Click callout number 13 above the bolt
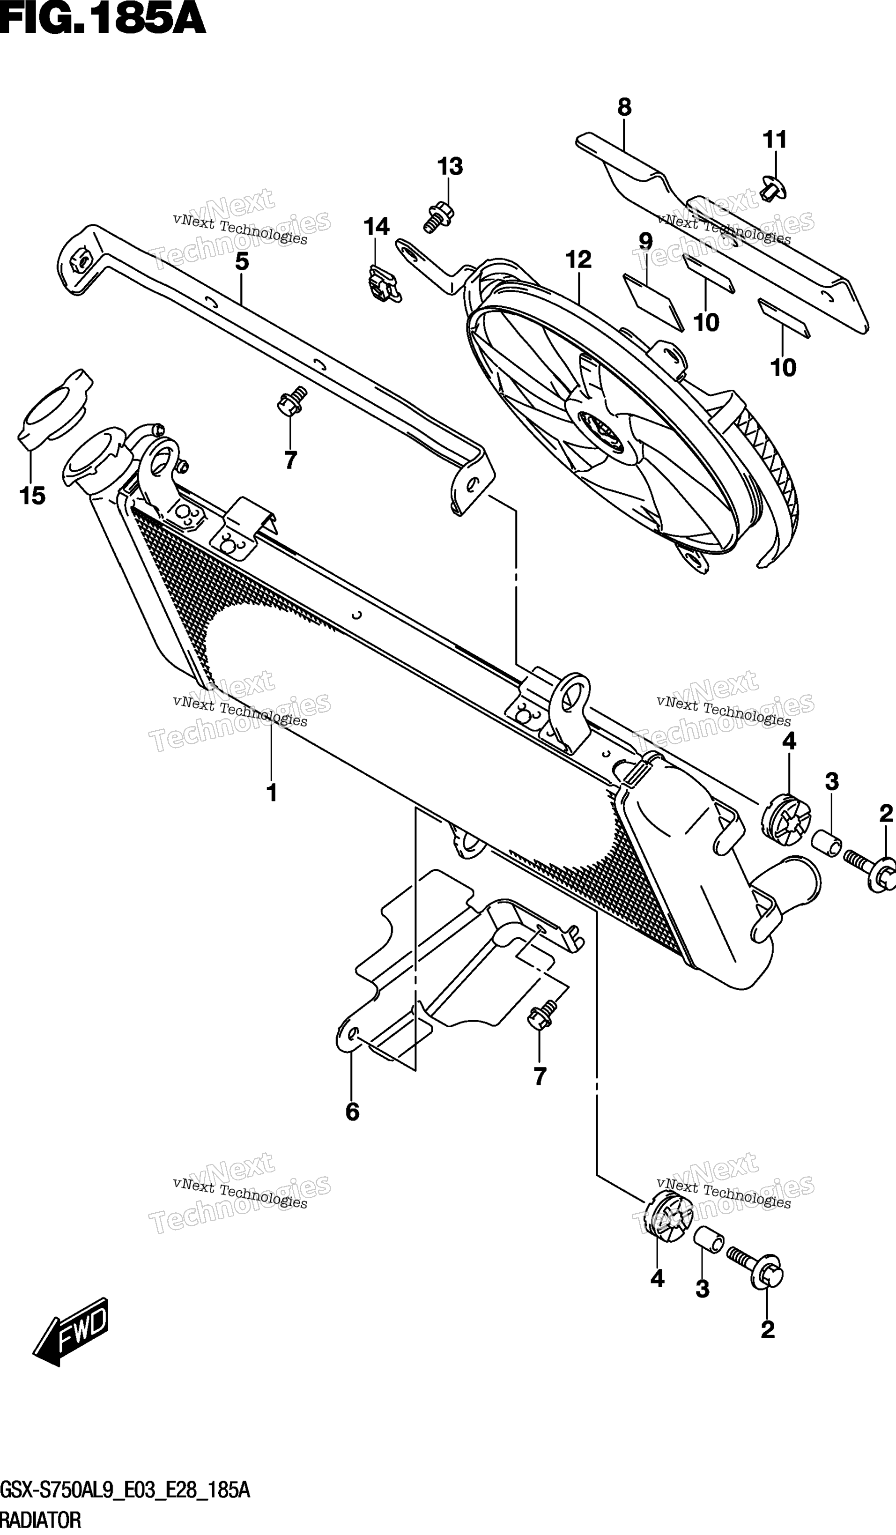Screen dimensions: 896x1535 tap(450, 166)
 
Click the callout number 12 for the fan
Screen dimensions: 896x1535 tap(578, 260)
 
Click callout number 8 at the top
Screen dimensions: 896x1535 tap(624, 108)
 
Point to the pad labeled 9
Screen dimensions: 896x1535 tap(653, 302)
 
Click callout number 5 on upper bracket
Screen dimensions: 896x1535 tap(242, 262)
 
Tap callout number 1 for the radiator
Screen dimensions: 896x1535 tap(272, 793)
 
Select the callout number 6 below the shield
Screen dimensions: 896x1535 tap(352, 1112)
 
